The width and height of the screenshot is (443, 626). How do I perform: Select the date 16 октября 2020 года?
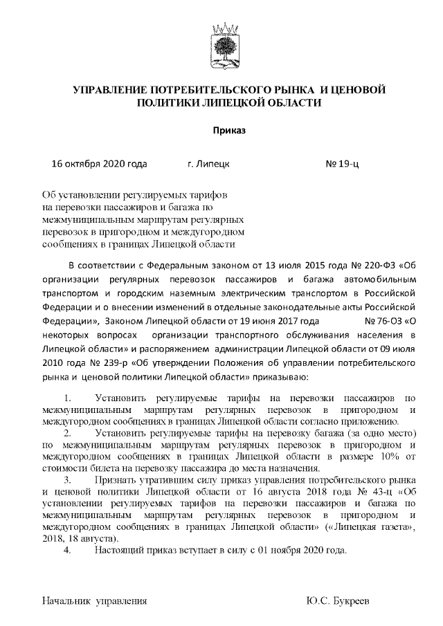tap(100, 165)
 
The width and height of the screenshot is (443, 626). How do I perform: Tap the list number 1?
tap(67, 398)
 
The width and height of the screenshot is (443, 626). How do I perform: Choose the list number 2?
tap(67, 434)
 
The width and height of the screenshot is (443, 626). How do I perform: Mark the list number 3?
tap(67, 479)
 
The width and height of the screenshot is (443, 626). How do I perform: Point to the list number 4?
tap(67, 551)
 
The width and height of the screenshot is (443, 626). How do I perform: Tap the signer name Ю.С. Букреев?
tap(341, 600)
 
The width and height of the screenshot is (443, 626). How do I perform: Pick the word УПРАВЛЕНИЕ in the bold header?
tap(116, 90)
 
